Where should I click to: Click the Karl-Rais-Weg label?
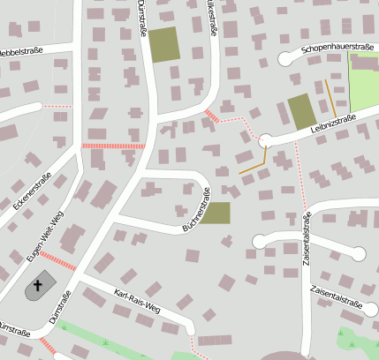(136, 300)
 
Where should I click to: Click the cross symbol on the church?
(38, 285)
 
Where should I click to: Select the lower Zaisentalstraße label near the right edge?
(337, 296)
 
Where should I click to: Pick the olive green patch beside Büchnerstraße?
(215, 213)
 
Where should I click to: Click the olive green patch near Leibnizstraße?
(301, 112)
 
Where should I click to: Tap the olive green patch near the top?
(163, 45)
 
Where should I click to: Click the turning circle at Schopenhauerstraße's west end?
(285, 58)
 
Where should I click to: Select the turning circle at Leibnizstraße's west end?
(264, 139)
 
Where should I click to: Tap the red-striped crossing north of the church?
(57, 260)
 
